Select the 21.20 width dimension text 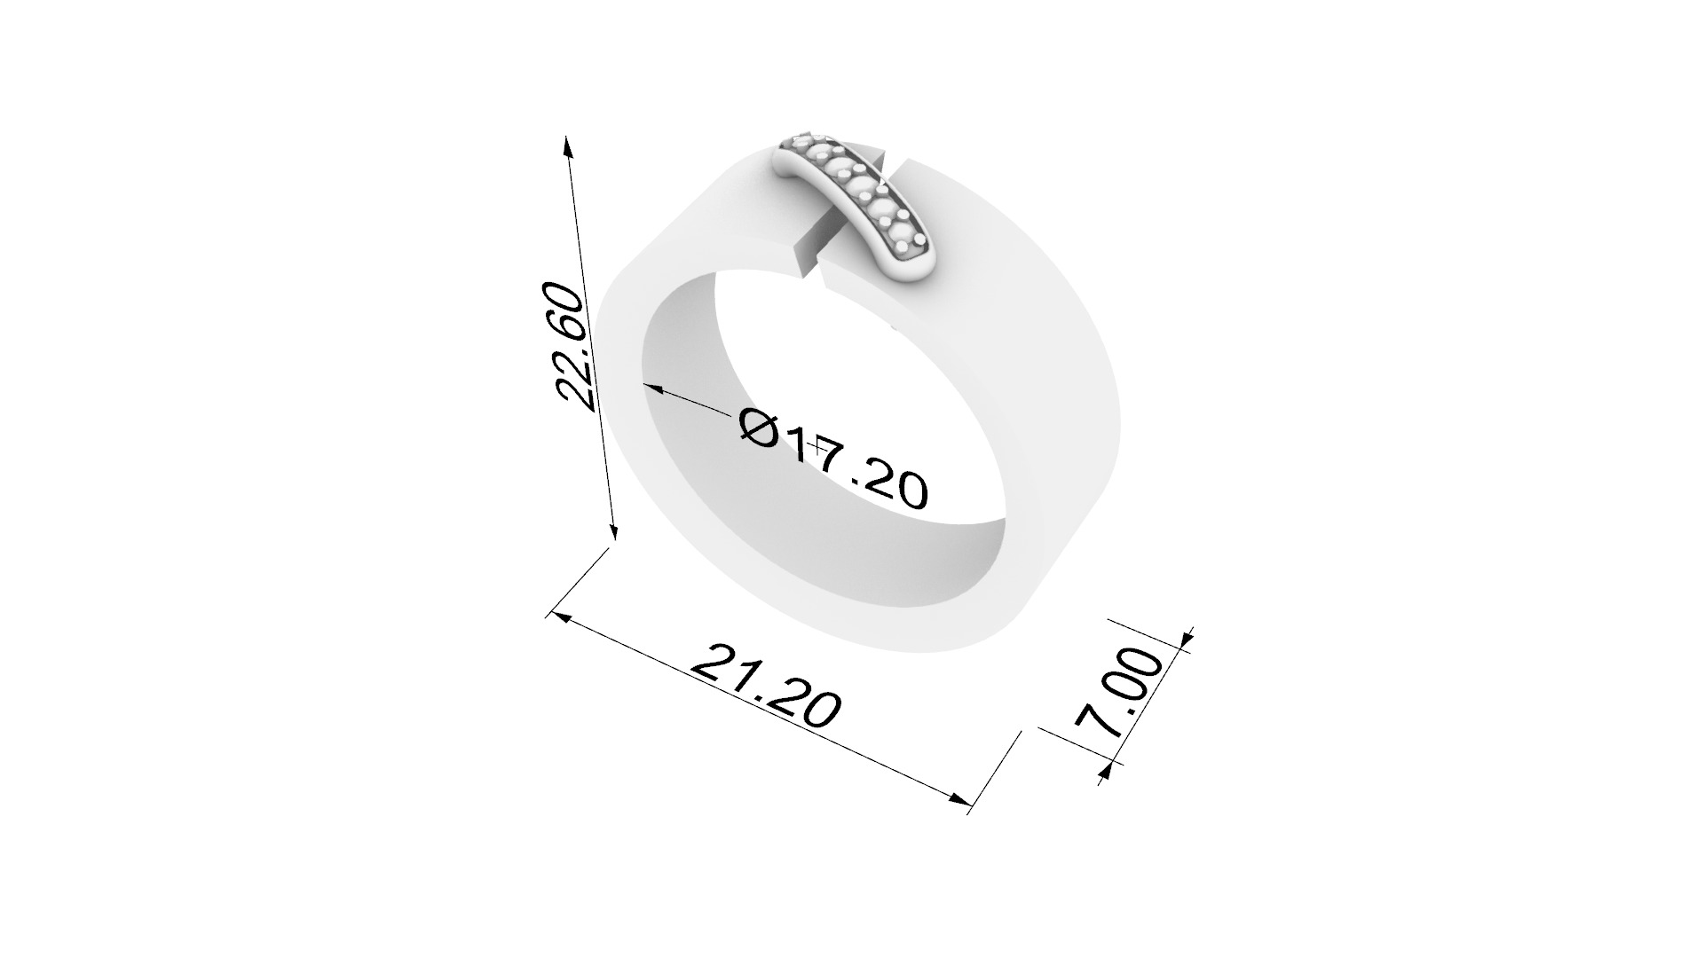pyautogui.click(x=764, y=687)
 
